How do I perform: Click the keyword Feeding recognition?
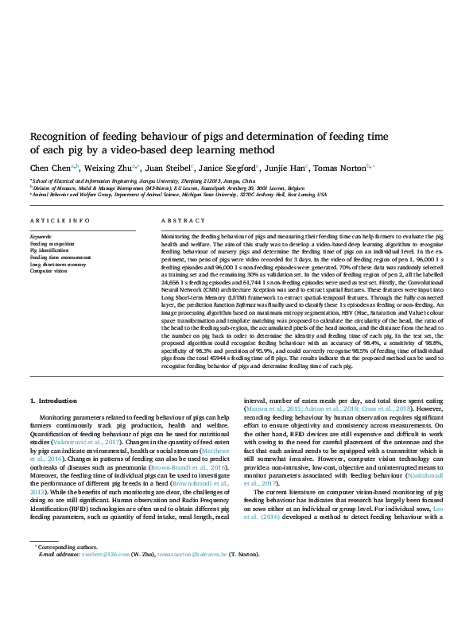[x=51, y=243]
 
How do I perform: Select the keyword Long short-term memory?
[x=55, y=264]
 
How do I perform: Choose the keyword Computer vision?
[x=48, y=271]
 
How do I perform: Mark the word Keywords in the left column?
[x=41, y=236]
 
